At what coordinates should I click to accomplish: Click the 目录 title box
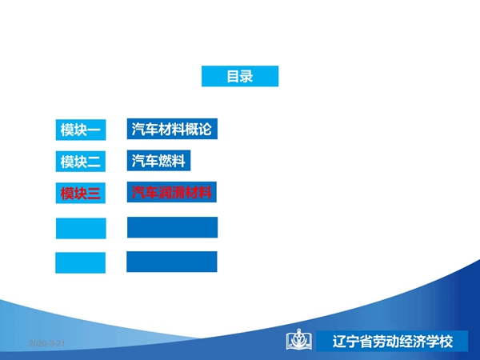(x=240, y=76)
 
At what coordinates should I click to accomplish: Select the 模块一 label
(x=81, y=130)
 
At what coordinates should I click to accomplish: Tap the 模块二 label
(x=81, y=162)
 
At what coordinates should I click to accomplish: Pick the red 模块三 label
(x=81, y=193)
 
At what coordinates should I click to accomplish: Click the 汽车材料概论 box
(x=172, y=129)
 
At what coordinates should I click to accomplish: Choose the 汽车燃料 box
(x=158, y=161)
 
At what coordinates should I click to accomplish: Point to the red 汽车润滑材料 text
(x=172, y=192)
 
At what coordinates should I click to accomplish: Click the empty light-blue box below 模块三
(x=81, y=228)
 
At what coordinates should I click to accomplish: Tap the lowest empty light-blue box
(x=80, y=262)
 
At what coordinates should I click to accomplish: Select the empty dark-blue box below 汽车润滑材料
(x=172, y=227)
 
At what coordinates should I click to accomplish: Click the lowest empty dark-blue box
(x=172, y=262)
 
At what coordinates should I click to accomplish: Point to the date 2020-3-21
(x=47, y=343)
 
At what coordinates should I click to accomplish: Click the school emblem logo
(x=299, y=339)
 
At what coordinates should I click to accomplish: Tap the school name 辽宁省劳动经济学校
(x=393, y=342)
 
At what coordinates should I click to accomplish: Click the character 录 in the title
(x=246, y=76)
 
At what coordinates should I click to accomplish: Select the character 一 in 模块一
(x=94, y=130)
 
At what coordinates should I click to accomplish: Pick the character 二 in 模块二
(x=94, y=162)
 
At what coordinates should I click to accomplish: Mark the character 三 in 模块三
(x=94, y=193)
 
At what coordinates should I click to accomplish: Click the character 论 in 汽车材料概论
(x=205, y=129)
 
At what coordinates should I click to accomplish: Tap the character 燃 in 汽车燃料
(x=165, y=161)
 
